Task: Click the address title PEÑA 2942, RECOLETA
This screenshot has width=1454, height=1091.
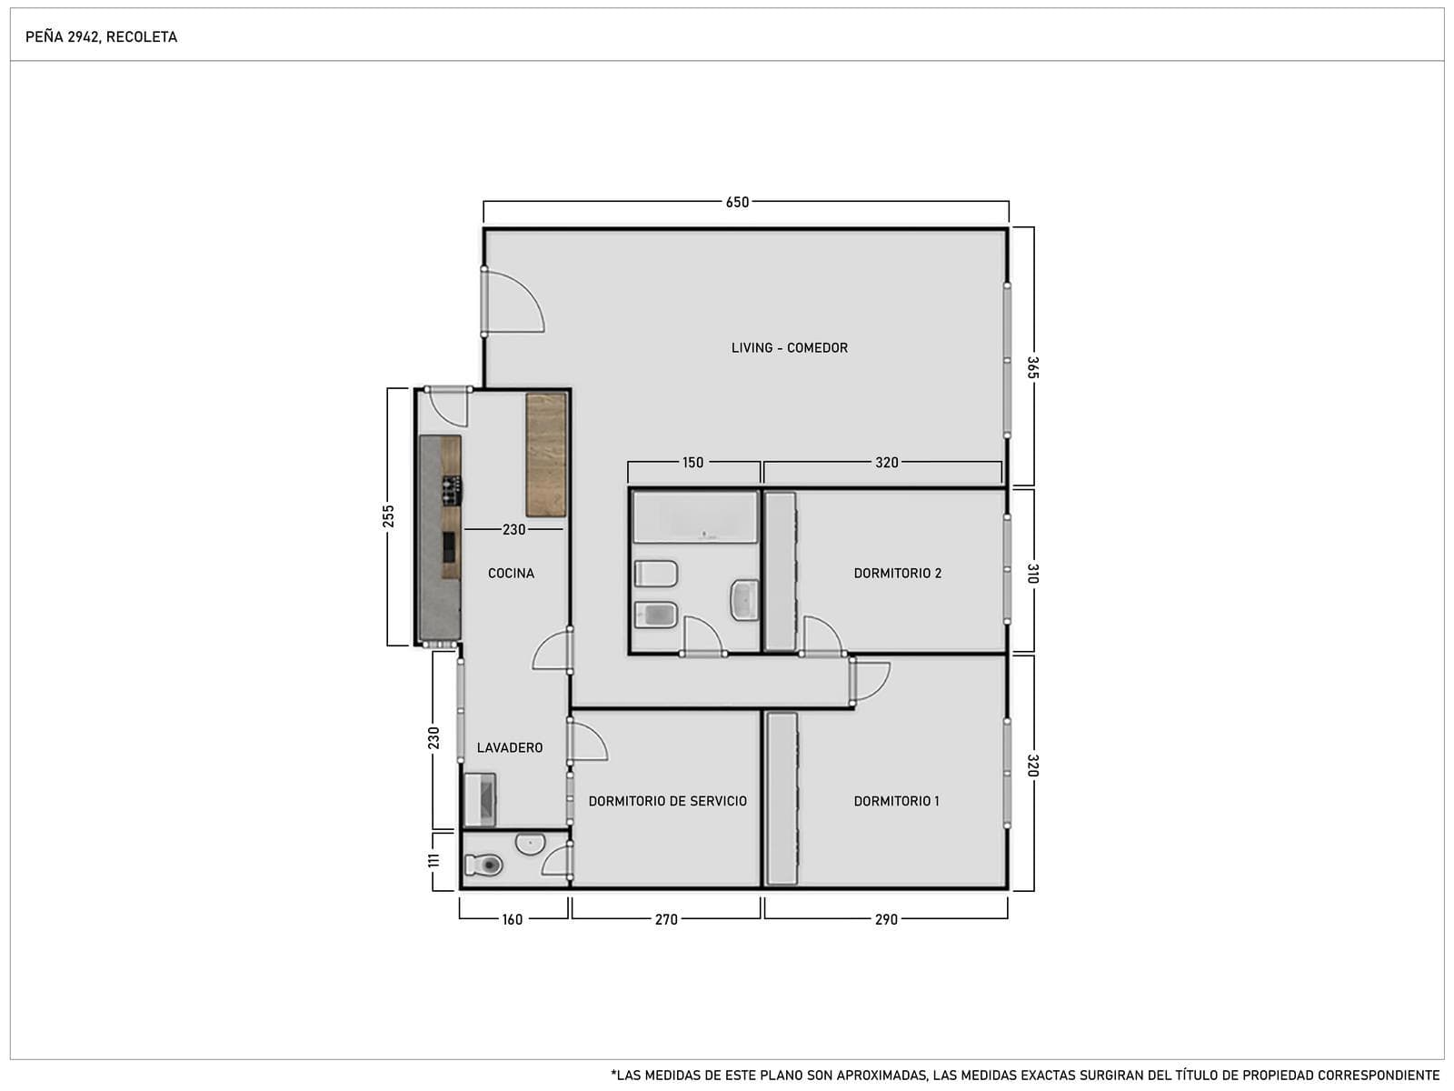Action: click(102, 37)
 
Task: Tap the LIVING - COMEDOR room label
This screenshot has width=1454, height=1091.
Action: click(790, 348)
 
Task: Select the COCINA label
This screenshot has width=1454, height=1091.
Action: click(511, 574)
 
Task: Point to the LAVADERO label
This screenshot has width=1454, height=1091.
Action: click(510, 748)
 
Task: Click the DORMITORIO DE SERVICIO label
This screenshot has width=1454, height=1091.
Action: click(668, 802)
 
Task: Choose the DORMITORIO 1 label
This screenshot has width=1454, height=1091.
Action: click(896, 802)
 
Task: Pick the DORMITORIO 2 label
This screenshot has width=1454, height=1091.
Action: click(898, 574)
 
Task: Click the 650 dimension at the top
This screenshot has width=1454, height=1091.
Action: click(737, 203)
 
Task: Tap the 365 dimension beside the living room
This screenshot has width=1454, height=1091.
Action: click(1032, 367)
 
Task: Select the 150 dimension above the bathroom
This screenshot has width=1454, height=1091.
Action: click(692, 463)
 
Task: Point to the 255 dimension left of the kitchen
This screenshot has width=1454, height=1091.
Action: click(388, 516)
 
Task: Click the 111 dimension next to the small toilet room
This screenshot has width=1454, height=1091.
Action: click(433, 860)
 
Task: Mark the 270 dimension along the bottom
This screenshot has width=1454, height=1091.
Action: click(666, 919)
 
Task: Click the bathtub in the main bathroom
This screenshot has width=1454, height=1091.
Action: click(695, 517)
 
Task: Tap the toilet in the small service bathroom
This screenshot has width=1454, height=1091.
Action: click(483, 865)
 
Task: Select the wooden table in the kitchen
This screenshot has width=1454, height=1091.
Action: click(546, 455)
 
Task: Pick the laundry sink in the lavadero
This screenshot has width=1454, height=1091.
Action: click(480, 799)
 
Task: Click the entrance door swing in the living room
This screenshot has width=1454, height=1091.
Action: click(514, 302)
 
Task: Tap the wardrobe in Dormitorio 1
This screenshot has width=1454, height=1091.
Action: click(782, 798)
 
